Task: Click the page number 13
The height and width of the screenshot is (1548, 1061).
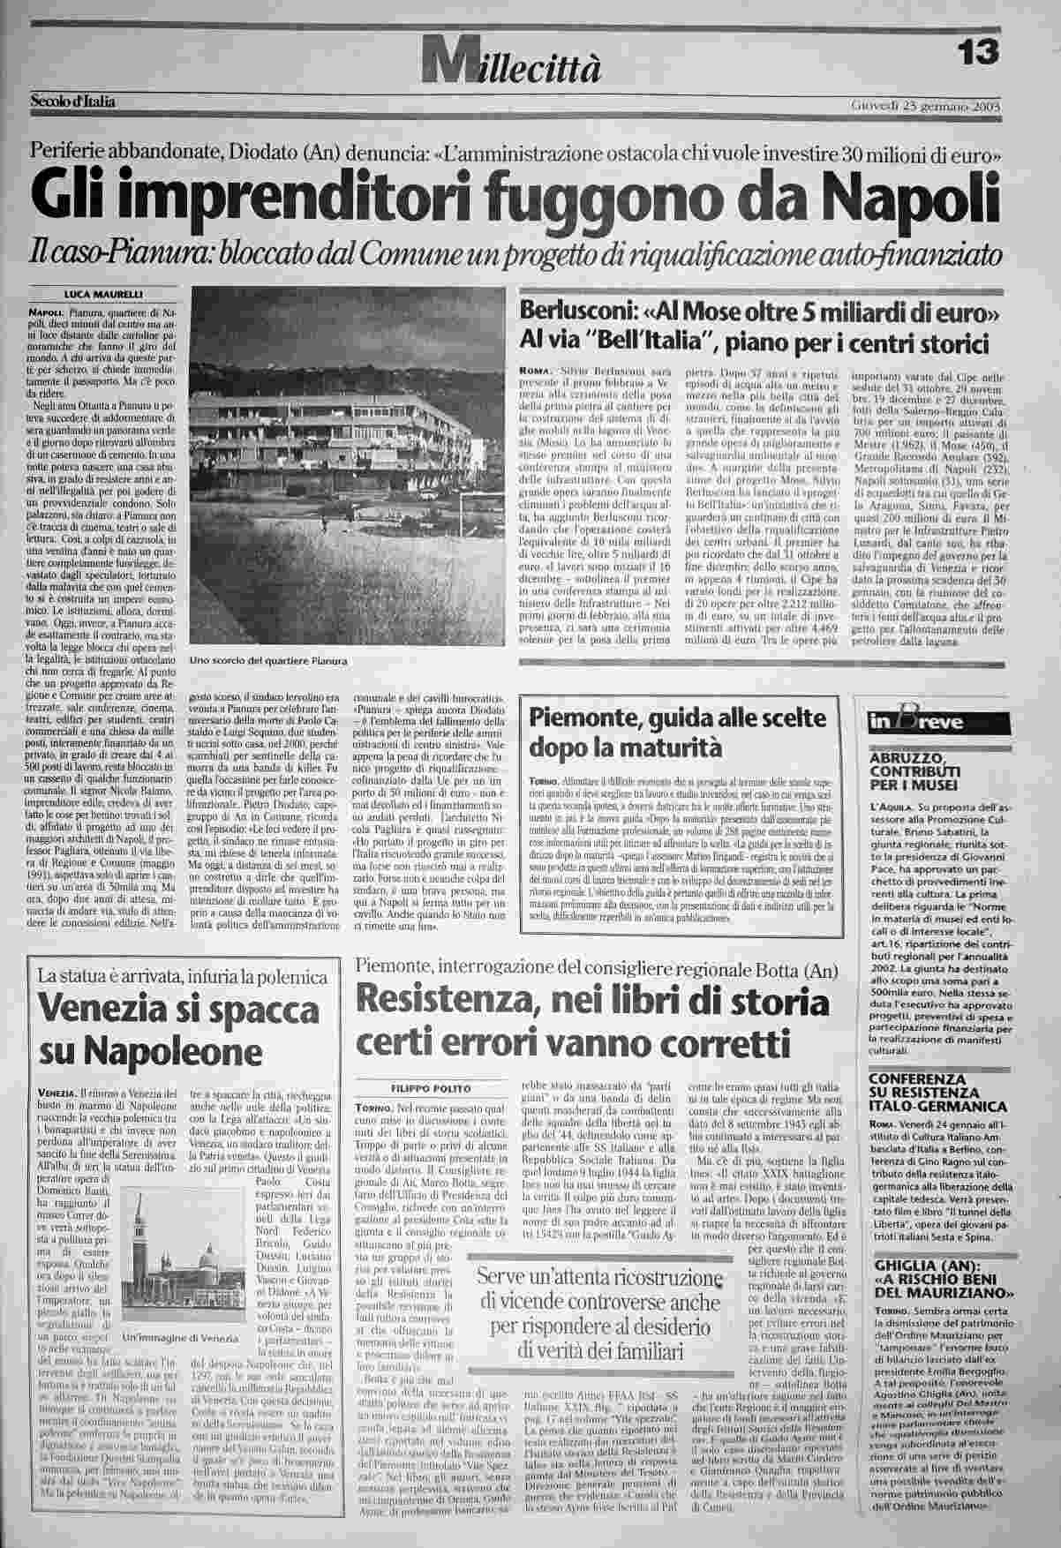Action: click(x=980, y=54)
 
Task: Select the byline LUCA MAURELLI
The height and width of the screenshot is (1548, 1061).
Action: click(x=104, y=294)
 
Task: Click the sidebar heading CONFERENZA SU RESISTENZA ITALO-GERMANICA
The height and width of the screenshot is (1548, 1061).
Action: click(x=937, y=1093)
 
